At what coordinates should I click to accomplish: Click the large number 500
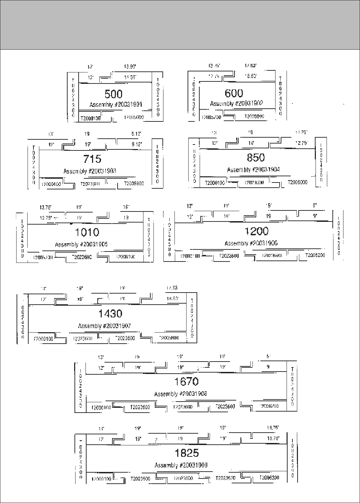click(x=113, y=94)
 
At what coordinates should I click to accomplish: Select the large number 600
click(x=234, y=93)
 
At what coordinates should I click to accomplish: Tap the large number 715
click(x=92, y=159)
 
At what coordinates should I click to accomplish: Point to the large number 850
click(x=256, y=157)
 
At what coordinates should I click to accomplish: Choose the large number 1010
click(x=87, y=232)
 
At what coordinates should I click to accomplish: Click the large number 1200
click(x=257, y=231)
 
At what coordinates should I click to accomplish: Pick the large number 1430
click(x=110, y=313)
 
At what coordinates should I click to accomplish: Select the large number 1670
click(x=186, y=381)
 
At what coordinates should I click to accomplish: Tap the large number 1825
click(x=187, y=453)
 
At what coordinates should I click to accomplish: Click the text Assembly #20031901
click(x=116, y=105)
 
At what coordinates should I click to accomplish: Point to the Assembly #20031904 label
click(x=253, y=170)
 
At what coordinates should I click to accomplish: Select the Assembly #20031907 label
click(x=104, y=326)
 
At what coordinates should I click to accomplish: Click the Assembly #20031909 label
click(x=181, y=465)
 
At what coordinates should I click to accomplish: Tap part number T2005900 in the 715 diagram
click(x=133, y=184)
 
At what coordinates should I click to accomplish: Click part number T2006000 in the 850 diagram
click(x=297, y=183)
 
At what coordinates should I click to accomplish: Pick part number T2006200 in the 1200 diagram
click(x=315, y=256)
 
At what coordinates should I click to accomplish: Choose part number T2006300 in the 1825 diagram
click(x=269, y=478)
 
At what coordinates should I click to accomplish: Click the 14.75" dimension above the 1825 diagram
click(x=273, y=428)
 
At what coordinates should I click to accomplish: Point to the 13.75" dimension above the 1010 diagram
click(x=46, y=207)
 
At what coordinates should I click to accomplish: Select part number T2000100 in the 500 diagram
click(x=90, y=118)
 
